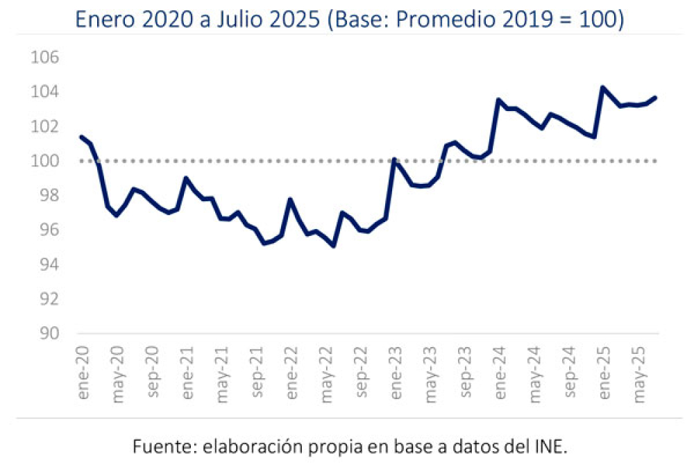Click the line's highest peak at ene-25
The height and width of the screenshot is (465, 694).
pyautogui.click(x=602, y=87)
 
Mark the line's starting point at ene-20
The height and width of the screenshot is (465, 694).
pyautogui.click(x=81, y=137)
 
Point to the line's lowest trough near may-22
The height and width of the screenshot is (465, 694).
pyautogui.click(x=334, y=246)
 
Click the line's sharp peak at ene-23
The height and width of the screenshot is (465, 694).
pyautogui.click(x=394, y=160)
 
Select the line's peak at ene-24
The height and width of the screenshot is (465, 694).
pyautogui.click(x=498, y=100)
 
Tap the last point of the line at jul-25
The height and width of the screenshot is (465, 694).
pyautogui.click(x=655, y=98)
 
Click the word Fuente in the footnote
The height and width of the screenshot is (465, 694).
pyautogui.click(x=160, y=444)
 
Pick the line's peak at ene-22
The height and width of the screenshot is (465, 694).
pyautogui.click(x=290, y=199)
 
